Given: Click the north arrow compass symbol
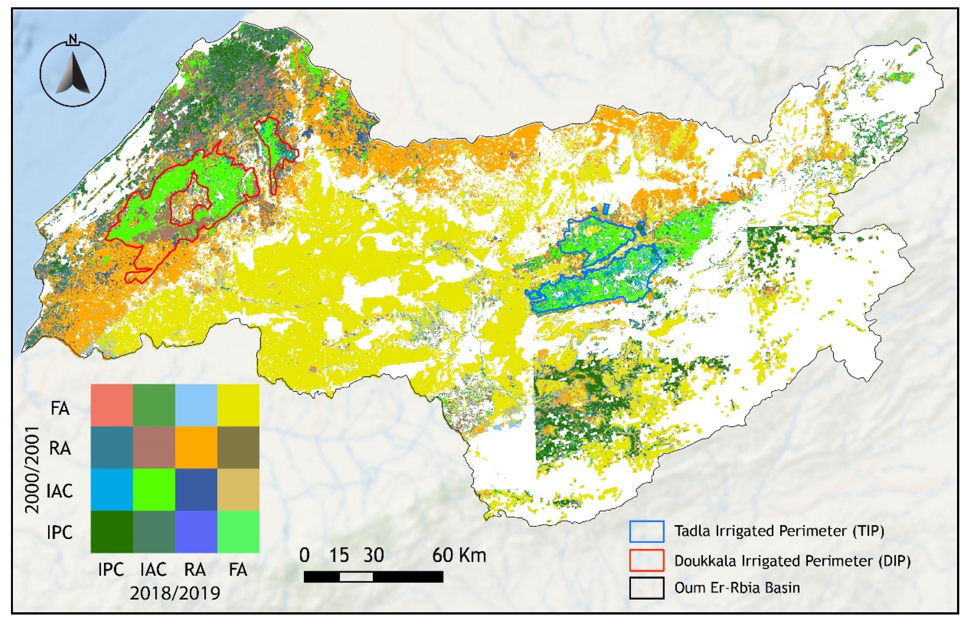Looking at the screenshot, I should (73, 74).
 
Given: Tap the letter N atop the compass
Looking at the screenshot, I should (73, 39).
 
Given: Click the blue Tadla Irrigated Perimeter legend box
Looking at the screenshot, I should (646, 531).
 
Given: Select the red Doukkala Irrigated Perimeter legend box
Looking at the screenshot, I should (646, 560).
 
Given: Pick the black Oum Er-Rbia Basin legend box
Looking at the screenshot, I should (646, 588).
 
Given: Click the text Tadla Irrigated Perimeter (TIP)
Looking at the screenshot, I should (779, 531).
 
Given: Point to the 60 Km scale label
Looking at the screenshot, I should (459, 556).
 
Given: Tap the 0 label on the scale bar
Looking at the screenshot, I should (305, 556).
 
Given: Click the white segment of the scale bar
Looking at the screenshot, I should (356, 577).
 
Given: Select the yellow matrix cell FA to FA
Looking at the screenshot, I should (238, 405).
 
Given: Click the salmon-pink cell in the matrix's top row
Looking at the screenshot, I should (112, 405).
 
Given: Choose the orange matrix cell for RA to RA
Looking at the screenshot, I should (196, 447).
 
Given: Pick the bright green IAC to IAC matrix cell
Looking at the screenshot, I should (154, 489).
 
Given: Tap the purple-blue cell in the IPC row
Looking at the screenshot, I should (196, 532).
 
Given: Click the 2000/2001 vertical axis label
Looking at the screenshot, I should (32, 470).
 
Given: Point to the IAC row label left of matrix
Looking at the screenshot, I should (60, 491).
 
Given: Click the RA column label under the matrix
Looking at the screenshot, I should (195, 570).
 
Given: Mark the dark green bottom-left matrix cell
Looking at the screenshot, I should (112, 532).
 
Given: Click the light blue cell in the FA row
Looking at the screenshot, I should (196, 405).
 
